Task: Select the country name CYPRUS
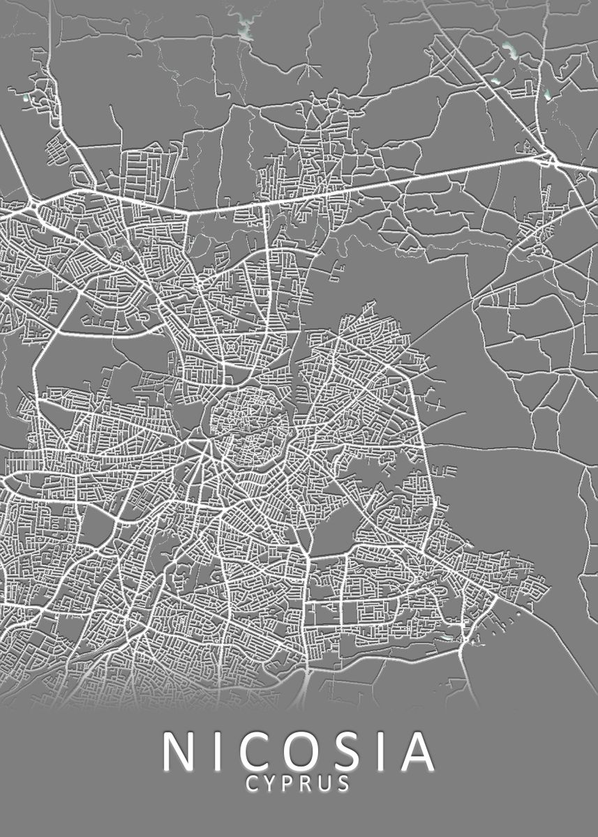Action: (299, 784)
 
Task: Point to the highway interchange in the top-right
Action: (551, 161)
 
